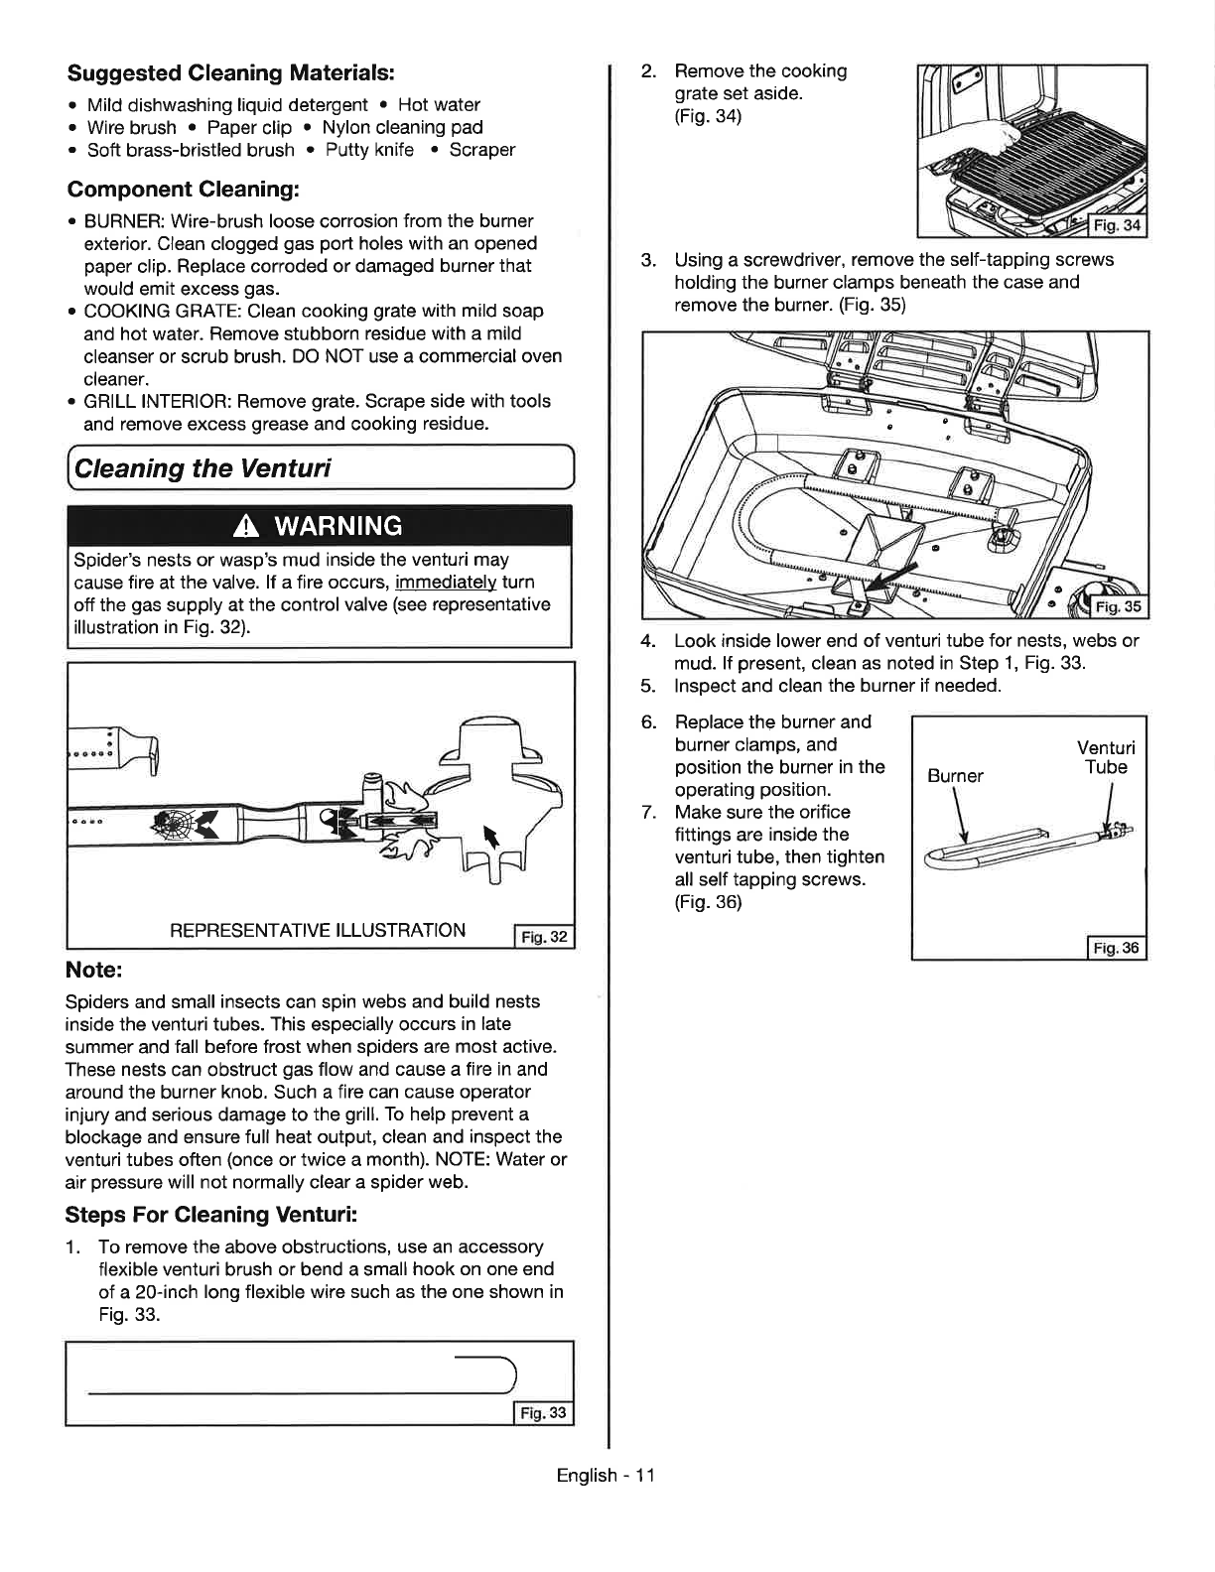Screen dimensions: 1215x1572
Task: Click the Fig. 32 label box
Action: tap(543, 937)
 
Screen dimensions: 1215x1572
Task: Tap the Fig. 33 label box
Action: tap(543, 1413)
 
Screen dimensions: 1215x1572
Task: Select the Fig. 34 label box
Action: tap(1117, 225)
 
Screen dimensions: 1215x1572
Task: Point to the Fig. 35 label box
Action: tap(1119, 606)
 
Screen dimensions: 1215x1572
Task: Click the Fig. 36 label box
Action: tap(1116, 948)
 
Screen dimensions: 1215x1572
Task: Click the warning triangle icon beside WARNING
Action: tap(246, 527)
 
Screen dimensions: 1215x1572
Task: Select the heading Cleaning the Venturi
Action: tap(202, 468)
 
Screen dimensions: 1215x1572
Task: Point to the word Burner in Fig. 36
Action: tap(955, 776)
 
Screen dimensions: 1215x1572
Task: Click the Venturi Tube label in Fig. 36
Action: tap(1106, 757)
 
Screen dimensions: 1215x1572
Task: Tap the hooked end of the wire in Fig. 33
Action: tap(506, 1374)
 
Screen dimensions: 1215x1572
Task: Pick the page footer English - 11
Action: tap(606, 1476)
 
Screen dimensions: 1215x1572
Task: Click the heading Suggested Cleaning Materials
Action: tap(231, 73)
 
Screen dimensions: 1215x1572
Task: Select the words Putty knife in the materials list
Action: tap(370, 151)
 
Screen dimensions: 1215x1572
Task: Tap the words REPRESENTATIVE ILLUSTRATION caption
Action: tap(318, 930)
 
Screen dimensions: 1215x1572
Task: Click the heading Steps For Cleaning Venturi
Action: tap(211, 1215)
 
